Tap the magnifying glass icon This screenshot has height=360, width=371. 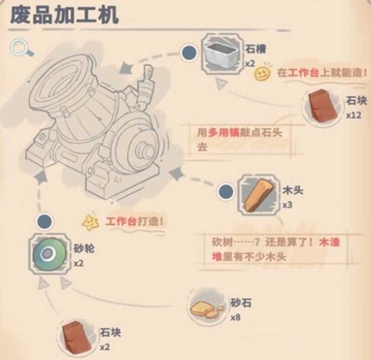pos(18,49)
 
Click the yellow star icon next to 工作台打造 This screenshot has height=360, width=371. pos(88,220)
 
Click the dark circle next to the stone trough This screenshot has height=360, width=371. pos(190,52)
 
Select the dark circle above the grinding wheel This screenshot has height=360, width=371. pos(45,221)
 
